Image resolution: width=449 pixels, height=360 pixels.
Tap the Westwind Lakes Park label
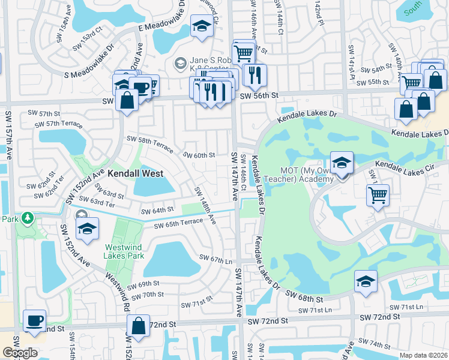[x=124, y=251]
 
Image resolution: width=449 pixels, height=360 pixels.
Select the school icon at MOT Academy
[x=341, y=163]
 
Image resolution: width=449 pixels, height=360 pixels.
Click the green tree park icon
[x=26, y=217]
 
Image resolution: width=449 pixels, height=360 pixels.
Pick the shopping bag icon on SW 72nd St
[x=138, y=326]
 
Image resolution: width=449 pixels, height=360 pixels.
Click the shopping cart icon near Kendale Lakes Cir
[x=378, y=194]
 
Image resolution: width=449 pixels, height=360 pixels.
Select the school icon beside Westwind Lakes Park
[x=88, y=229]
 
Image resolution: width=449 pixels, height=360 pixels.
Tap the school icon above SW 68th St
[x=366, y=281]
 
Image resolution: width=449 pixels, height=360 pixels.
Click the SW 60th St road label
[x=199, y=155]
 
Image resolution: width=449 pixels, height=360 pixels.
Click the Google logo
[x=20, y=353]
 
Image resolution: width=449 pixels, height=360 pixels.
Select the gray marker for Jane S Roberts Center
[x=179, y=63]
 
